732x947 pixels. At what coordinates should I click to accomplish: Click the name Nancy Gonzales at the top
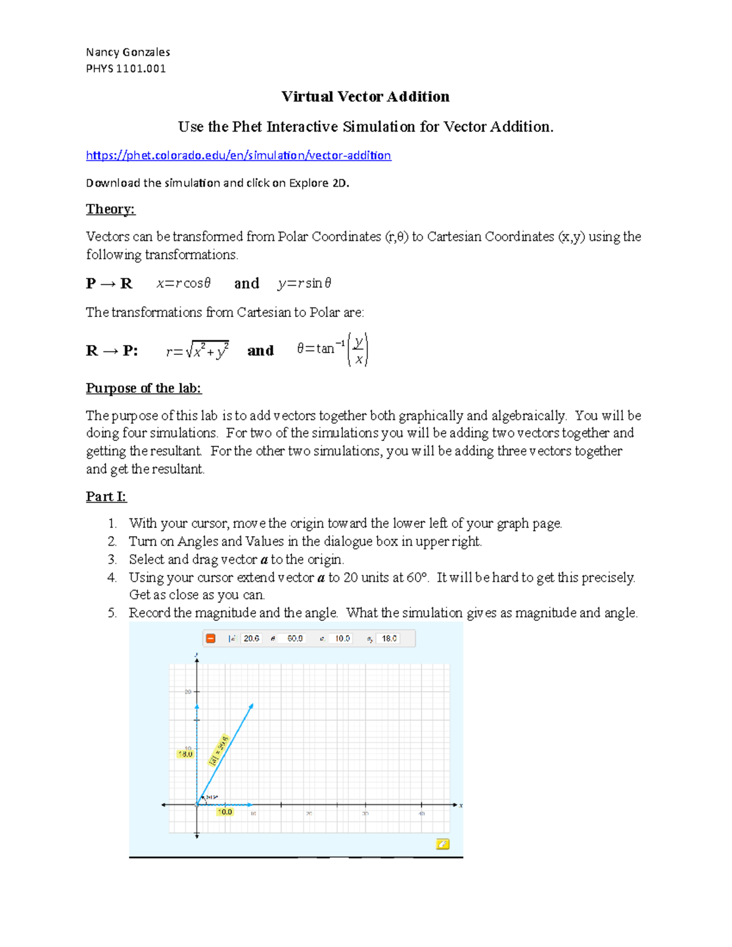pos(127,52)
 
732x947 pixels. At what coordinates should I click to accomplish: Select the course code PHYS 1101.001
pos(126,68)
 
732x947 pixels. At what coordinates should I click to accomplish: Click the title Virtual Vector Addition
pos(365,96)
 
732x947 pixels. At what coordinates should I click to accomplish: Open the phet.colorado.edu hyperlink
pos(238,155)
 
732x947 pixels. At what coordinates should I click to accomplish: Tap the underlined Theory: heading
pos(110,209)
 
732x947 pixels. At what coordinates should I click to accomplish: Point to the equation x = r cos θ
pos(183,283)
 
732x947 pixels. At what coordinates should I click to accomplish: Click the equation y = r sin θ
pos(304,283)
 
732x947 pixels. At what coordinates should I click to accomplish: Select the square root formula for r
pos(197,351)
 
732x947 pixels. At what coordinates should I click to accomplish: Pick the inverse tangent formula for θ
pos(332,349)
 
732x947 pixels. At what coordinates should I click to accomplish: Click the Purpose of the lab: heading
pos(143,388)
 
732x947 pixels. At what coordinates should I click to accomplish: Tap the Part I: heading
pos(106,496)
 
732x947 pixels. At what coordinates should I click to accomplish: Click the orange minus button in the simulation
pos(210,638)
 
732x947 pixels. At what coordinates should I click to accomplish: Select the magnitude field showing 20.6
pos(251,638)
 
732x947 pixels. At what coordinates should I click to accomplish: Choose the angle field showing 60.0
pos(295,638)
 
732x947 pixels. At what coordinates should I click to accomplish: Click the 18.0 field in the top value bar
pos(389,638)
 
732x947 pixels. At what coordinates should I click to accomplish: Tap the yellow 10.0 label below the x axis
pos(225,812)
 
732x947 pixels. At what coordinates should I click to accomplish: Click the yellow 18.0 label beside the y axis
pos(185,754)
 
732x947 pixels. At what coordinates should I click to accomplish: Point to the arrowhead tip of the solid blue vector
pos(252,706)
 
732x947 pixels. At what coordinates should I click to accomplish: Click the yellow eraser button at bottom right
pos(443,844)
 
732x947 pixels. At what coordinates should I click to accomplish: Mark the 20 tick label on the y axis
pos(188,691)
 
